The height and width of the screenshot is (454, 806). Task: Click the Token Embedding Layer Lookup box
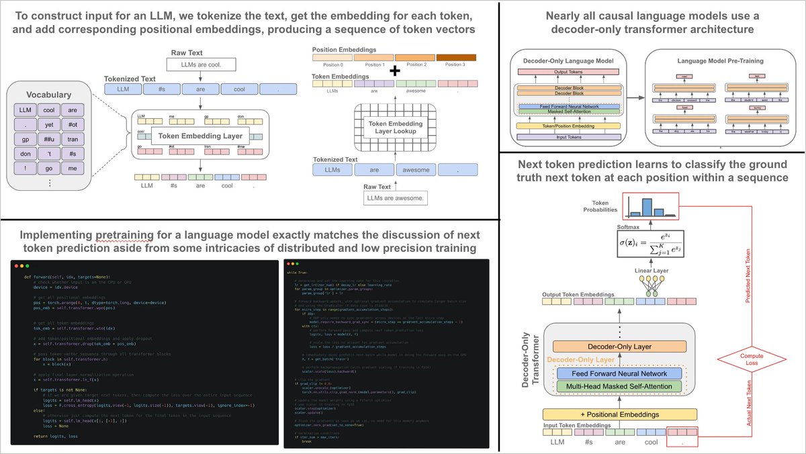pyautogui.click(x=396, y=128)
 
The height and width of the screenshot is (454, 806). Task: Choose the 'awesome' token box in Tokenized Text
pyautogui.click(x=415, y=170)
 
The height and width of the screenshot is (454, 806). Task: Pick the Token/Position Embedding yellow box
pyautogui.click(x=570, y=126)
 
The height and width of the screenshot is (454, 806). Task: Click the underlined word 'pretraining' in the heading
pyautogui.click(x=116, y=234)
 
